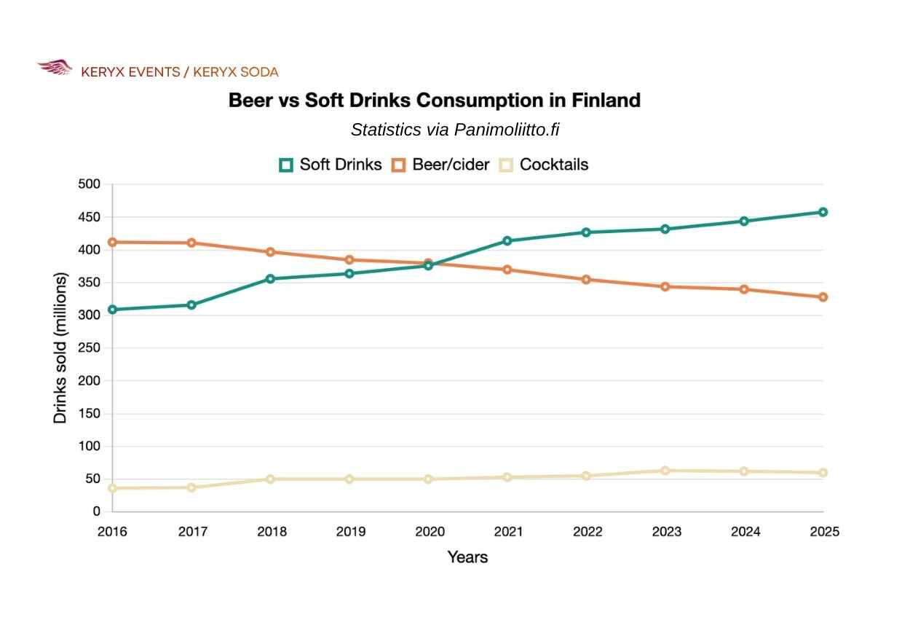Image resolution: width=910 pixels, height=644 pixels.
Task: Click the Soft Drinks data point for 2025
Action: click(x=823, y=212)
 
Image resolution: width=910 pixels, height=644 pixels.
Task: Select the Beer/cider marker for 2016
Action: click(x=113, y=243)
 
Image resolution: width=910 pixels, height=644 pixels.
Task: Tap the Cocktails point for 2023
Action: click(x=665, y=471)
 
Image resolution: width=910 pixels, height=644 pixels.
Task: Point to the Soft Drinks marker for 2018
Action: click(x=271, y=279)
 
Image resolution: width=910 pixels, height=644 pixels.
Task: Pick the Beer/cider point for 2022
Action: click(x=586, y=280)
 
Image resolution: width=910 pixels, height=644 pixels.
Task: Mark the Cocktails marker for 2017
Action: click(x=191, y=487)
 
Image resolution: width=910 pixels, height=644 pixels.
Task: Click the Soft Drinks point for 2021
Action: click(x=507, y=241)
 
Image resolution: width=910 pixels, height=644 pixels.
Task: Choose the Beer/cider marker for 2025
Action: click(x=823, y=297)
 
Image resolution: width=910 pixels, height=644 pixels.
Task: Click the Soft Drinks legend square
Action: click(x=286, y=165)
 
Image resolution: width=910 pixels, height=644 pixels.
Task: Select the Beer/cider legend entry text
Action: click(x=451, y=165)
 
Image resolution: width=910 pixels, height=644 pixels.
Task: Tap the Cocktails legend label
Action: click(x=554, y=165)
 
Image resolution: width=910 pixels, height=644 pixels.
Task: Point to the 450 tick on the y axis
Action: click(x=89, y=218)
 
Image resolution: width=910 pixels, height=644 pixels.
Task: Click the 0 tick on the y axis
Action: click(x=96, y=511)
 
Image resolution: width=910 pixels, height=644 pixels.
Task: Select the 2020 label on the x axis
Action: click(x=430, y=532)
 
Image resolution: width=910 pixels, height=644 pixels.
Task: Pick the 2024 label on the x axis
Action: click(x=745, y=532)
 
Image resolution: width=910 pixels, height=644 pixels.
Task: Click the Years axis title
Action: click(x=467, y=557)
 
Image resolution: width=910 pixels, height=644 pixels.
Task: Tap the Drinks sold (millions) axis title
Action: click(x=60, y=348)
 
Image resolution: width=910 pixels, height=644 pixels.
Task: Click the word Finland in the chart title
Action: click(x=606, y=101)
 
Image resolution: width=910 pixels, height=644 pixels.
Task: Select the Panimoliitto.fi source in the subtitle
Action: click(x=507, y=130)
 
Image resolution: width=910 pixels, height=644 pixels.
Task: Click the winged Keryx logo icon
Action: click(x=55, y=67)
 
